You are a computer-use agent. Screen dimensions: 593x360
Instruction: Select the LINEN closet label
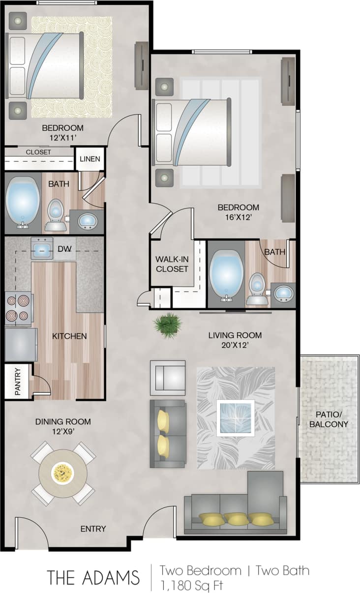tap(90, 159)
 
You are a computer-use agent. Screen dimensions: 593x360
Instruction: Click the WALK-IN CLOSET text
tap(172, 264)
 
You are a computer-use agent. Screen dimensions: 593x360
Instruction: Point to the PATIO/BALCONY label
tap(329, 419)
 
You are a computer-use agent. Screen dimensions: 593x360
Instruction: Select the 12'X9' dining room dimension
tap(63, 431)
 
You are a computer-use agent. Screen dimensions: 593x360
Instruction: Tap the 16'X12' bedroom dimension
tap(239, 217)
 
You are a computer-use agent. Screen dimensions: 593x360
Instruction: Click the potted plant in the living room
tap(168, 325)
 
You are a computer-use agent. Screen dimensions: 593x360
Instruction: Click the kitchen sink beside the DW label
tap(42, 248)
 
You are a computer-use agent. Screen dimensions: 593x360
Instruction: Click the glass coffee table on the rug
tap(235, 417)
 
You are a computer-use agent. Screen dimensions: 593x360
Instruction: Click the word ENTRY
tap(93, 529)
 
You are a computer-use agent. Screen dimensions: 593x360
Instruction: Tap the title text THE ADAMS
tap(93, 577)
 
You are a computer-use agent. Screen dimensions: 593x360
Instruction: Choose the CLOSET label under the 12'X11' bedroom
tap(38, 152)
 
